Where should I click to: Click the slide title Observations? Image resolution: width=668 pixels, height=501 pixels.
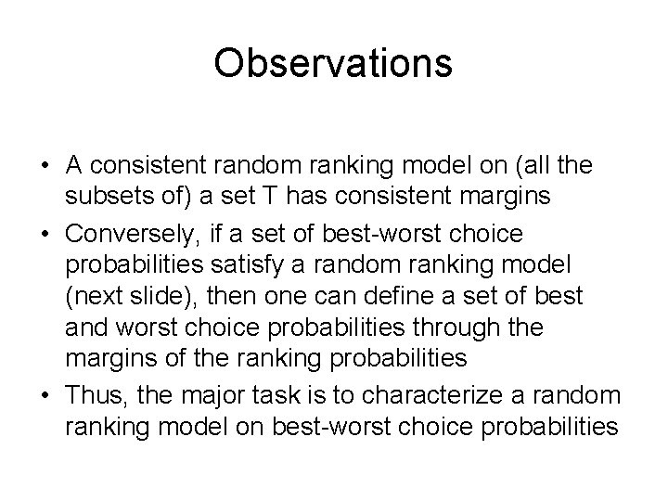tap(333, 64)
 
